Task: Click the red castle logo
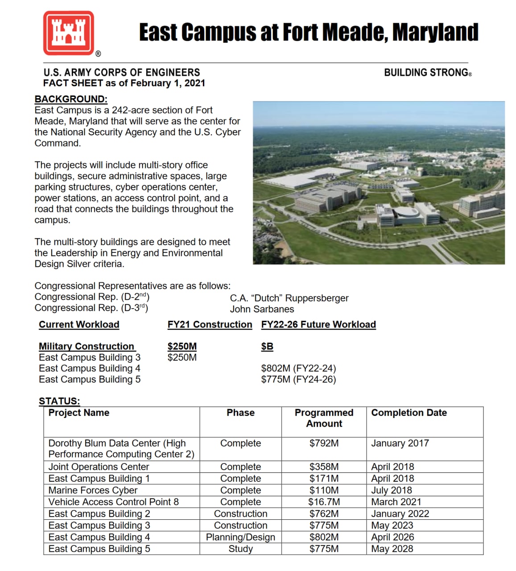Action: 68,33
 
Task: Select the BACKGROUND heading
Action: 71,99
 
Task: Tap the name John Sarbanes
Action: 262,309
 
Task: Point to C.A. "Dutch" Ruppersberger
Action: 289,298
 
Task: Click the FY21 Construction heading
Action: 210,324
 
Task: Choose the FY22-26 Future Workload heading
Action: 318,324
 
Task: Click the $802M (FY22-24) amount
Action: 298,368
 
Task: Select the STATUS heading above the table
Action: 59,401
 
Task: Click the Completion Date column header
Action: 409,413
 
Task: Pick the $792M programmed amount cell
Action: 324,443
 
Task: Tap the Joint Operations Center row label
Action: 99,467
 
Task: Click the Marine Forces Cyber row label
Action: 93,490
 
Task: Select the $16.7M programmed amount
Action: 324,502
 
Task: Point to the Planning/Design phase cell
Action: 240,537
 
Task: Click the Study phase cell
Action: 240,549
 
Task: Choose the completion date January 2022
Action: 400,513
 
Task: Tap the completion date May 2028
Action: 392,549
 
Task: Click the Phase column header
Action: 240,413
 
